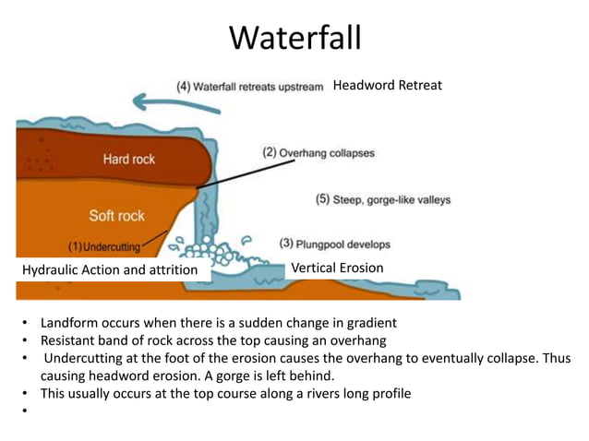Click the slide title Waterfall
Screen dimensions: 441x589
pos(294,39)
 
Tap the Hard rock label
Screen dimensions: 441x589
pos(129,159)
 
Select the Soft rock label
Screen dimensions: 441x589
pos(117,216)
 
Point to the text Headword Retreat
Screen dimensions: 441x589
pos(387,85)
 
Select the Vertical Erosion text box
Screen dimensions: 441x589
pos(337,268)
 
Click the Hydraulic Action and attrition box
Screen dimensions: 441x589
pos(110,269)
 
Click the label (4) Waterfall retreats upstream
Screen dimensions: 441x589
pos(250,87)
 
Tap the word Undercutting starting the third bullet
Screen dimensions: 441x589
pos(88,358)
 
